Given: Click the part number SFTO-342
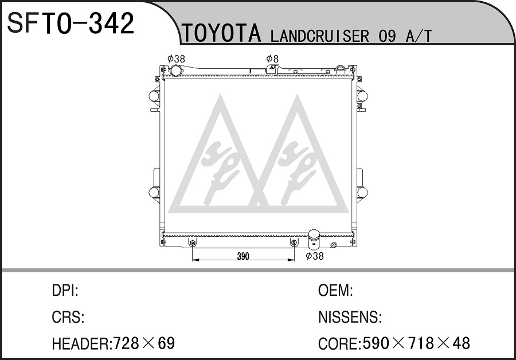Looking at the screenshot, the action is tap(71, 23).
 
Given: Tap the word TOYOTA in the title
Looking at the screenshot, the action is tap(222, 34).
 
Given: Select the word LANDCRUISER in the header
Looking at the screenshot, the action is tap(319, 36).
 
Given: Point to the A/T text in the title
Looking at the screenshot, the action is tap(419, 36).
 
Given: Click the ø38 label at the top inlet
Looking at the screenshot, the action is tap(176, 59).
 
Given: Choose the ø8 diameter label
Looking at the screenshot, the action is tap(272, 59).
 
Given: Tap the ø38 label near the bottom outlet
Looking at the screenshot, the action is tap(315, 256).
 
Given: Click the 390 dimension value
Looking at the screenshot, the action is tap(243, 256).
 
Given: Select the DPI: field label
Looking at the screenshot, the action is tap(65, 291).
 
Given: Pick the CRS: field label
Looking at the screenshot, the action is tap(68, 317).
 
